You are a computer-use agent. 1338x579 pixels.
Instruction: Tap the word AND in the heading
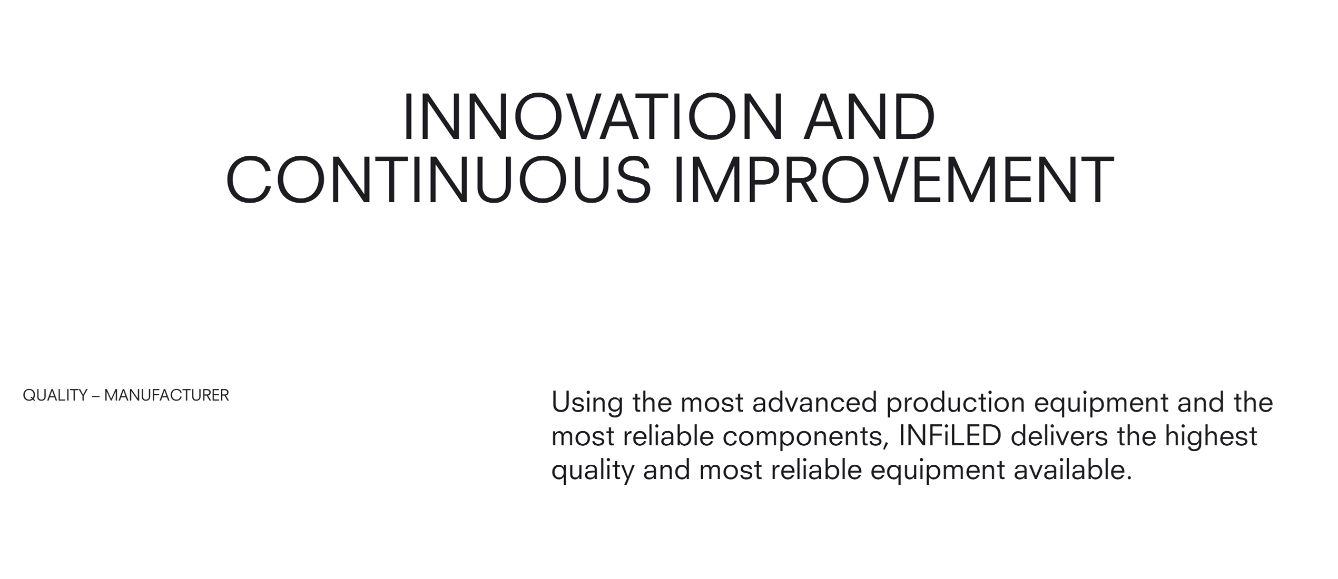coord(869,117)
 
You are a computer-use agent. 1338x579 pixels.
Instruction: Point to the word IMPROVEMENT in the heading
coord(893,179)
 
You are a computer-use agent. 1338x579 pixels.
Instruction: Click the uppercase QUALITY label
coord(55,395)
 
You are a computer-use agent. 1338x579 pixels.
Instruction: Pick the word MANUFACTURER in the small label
coord(166,395)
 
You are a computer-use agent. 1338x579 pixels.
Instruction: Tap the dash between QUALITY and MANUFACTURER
coord(96,396)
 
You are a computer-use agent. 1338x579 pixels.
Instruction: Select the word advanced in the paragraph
coord(814,403)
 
